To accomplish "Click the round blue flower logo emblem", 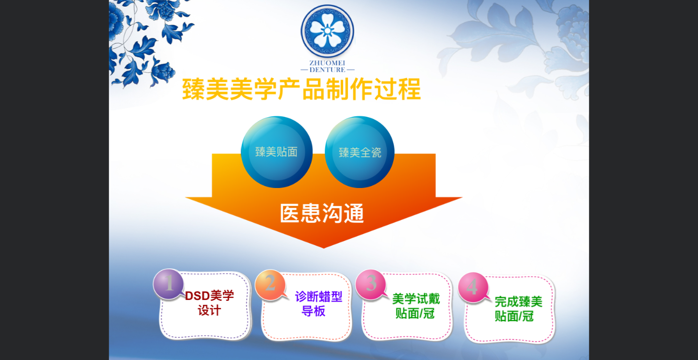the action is [x=327, y=31].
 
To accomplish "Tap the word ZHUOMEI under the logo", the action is [x=327, y=63].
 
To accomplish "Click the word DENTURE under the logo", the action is [x=327, y=70].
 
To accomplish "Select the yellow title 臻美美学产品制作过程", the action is [x=301, y=89].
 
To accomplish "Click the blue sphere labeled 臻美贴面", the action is [x=277, y=152].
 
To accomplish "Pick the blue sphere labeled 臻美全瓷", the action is [x=360, y=152].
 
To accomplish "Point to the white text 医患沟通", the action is [x=322, y=213].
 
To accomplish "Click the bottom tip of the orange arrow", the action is [x=323, y=248].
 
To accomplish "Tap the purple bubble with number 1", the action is [x=169, y=284].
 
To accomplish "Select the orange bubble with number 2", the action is [x=270, y=285].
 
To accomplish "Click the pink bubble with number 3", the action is [x=371, y=284].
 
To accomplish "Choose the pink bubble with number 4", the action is [x=473, y=287].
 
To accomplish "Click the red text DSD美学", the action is [x=209, y=296].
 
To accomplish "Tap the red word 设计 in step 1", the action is [x=209, y=311].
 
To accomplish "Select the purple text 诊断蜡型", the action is [x=318, y=297].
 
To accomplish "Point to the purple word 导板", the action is [x=314, y=311].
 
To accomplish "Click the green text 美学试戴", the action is [x=416, y=299].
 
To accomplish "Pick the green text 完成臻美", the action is [x=519, y=301].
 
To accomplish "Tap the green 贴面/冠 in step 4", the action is [x=514, y=316].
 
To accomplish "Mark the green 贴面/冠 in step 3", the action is [x=415, y=313].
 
